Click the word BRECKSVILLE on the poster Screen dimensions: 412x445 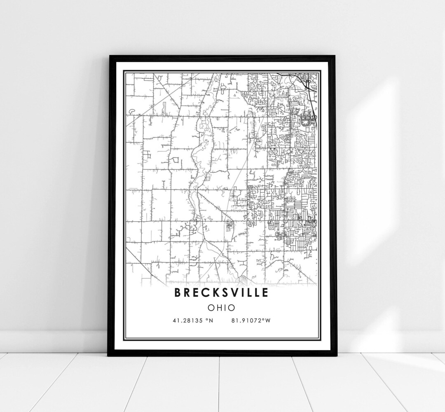tap(222, 293)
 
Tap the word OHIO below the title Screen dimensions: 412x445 tap(222, 307)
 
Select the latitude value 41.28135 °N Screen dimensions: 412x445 tap(192, 320)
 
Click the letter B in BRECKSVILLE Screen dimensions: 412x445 tap(178, 293)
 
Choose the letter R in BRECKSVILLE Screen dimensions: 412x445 tap(188, 293)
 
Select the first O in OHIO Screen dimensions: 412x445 tap(211, 307)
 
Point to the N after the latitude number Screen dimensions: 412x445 tap(210, 320)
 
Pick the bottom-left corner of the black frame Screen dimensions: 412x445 tap(108, 355)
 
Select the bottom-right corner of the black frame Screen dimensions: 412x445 tap(335, 355)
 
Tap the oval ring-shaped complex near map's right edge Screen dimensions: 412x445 tap(306, 121)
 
